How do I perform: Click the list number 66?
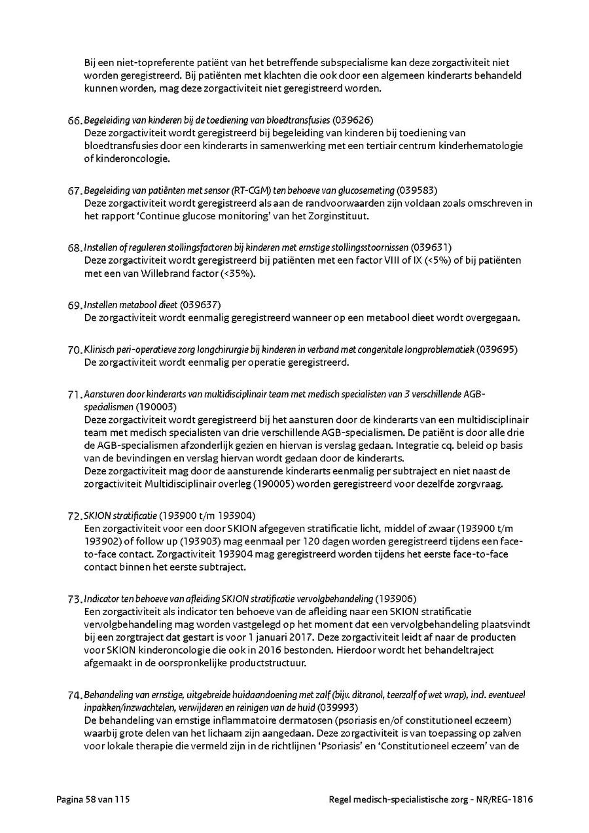click(x=74, y=121)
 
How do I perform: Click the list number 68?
click(x=74, y=248)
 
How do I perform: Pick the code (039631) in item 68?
click(x=431, y=247)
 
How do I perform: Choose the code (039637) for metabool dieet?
click(x=200, y=305)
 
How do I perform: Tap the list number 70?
click(x=74, y=350)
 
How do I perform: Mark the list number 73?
click(x=74, y=599)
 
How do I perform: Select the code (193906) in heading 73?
click(x=396, y=598)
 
